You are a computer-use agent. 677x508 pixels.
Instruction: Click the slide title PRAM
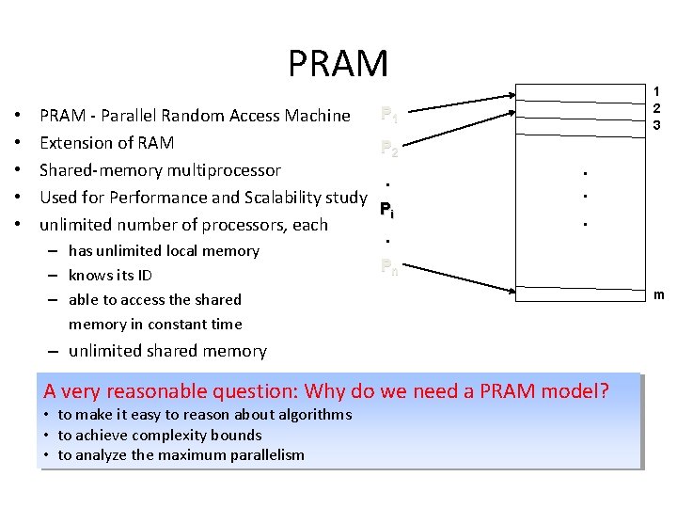click(x=338, y=64)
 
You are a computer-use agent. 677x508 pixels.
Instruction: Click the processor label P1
click(x=389, y=116)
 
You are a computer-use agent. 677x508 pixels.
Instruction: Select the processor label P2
click(x=389, y=148)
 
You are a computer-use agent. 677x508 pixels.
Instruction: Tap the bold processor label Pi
click(x=386, y=210)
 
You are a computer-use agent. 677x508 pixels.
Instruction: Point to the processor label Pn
click(x=389, y=266)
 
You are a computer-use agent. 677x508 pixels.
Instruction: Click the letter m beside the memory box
click(x=659, y=295)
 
